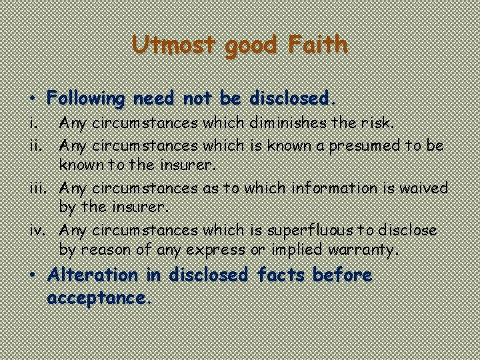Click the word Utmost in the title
click(173, 45)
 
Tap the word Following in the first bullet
click(86, 99)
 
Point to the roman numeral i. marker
click(37, 123)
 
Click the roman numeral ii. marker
click(39, 145)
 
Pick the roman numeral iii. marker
click(40, 188)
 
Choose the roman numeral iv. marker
click(40, 231)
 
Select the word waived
click(424, 188)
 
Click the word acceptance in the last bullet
click(96, 297)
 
